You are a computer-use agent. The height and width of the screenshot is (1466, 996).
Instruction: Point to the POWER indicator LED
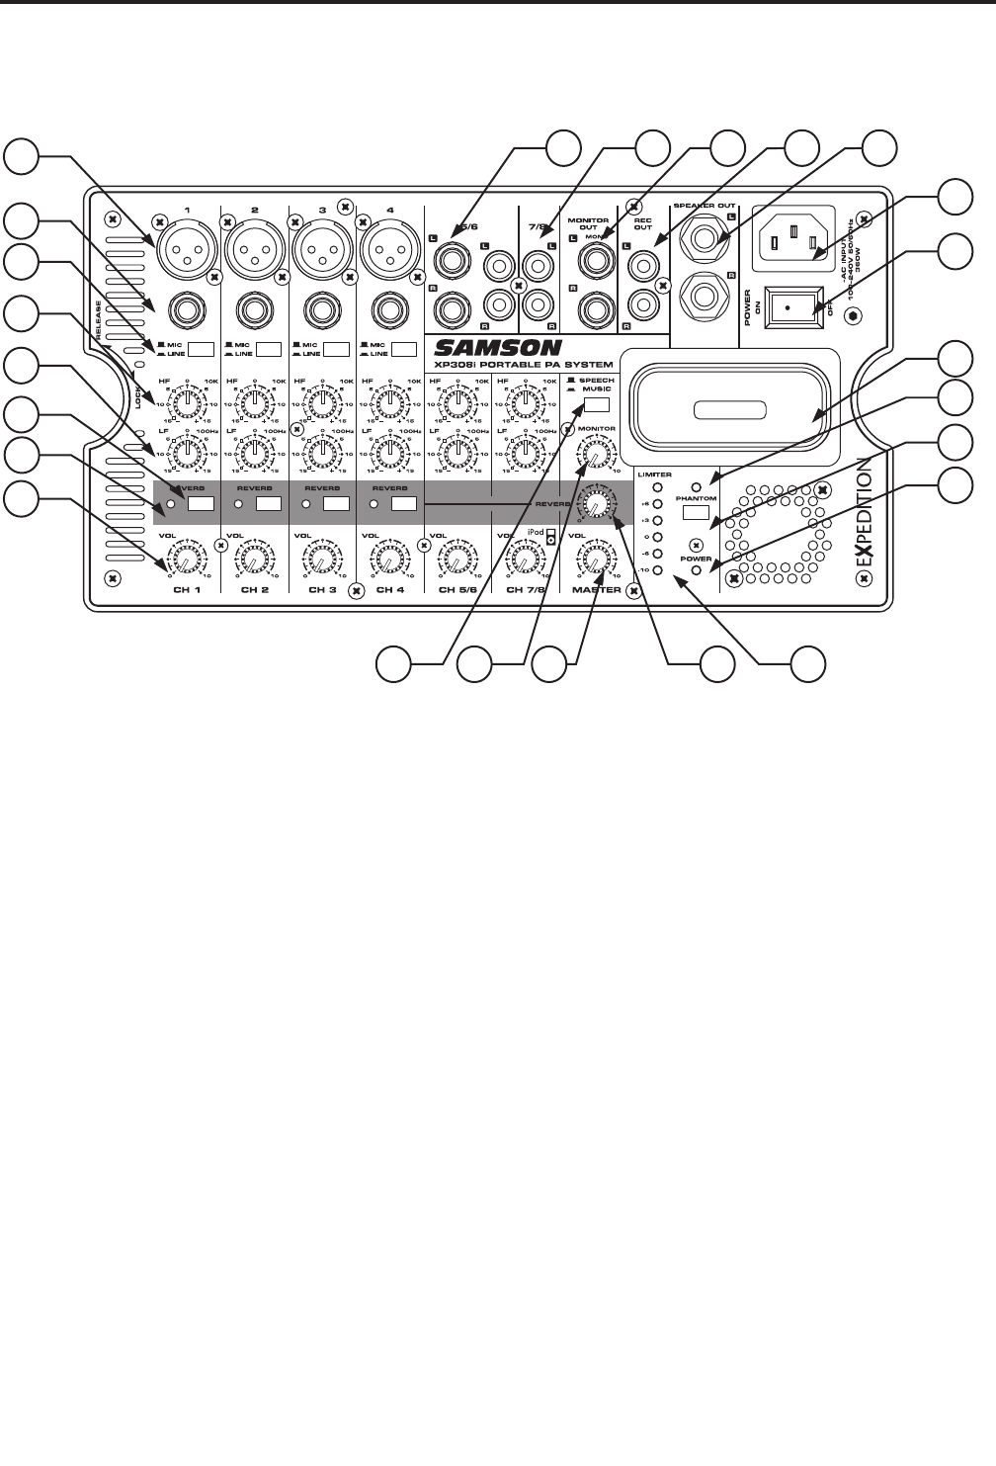[697, 570]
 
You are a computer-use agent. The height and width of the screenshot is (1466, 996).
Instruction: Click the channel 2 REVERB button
[270, 504]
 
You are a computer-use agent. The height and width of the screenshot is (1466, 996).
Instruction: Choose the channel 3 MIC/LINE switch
[337, 349]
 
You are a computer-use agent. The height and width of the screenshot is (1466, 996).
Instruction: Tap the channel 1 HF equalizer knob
[186, 401]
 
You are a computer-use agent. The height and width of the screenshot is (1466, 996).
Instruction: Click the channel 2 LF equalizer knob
[253, 454]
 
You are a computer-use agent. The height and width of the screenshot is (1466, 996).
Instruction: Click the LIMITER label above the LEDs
[654, 475]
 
